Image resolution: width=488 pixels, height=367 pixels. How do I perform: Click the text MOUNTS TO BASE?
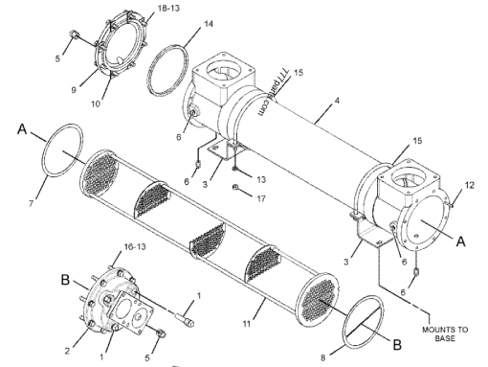[441, 333]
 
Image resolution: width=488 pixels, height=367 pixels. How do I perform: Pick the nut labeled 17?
[234, 187]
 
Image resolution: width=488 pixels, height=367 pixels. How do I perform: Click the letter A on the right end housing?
[461, 242]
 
